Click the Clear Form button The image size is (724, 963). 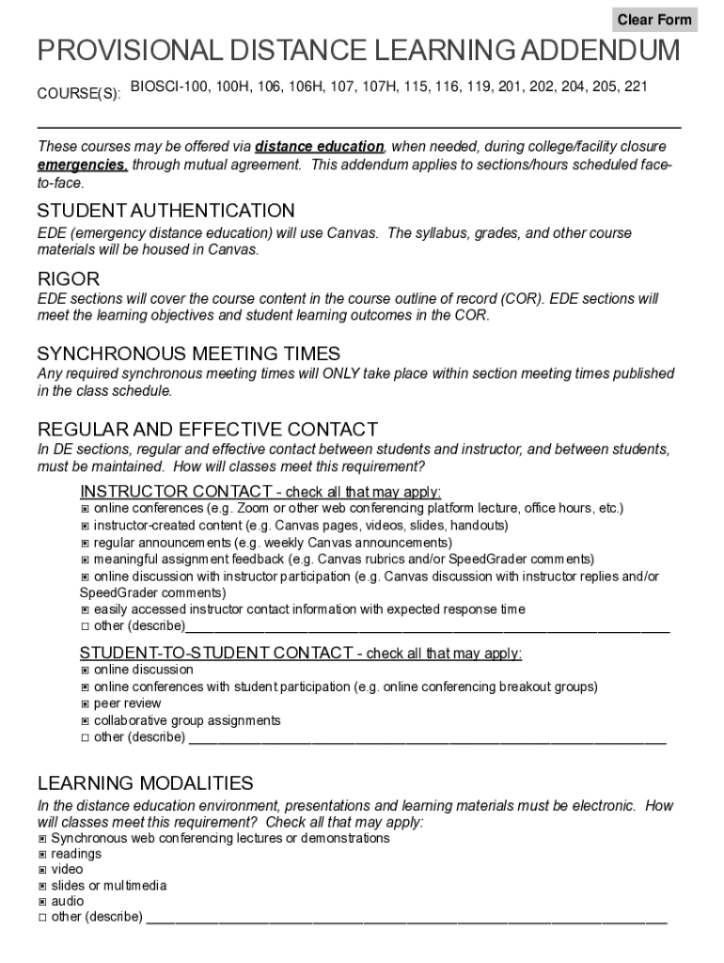[654, 20]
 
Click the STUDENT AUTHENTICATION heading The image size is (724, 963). [165, 211]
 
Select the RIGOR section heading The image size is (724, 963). [68, 279]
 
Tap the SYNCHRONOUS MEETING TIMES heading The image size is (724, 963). [188, 354]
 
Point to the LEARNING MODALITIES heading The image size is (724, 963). [145, 783]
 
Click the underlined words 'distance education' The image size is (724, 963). [320, 147]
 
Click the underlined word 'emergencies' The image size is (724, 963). [82, 165]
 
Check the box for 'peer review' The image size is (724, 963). [85, 704]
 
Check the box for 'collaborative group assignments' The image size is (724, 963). [85, 721]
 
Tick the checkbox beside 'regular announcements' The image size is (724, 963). [85, 544]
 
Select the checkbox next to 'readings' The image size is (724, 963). [42, 855]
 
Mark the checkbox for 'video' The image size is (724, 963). [42, 871]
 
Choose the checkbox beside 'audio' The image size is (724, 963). [42, 902]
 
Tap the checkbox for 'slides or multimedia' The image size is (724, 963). [42, 886]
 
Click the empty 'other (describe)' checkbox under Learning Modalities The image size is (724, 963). [42, 917]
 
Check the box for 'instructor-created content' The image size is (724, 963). [85, 526]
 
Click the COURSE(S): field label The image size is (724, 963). [78, 94]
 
